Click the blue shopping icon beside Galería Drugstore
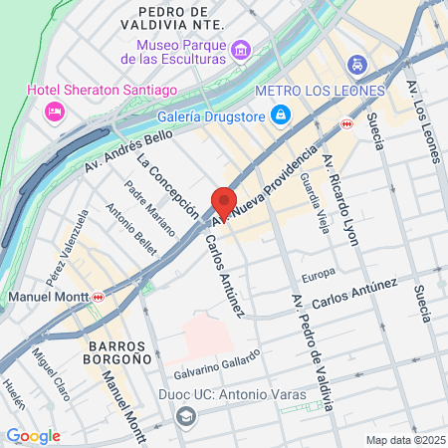(282, 113)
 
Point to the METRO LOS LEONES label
(319, 91)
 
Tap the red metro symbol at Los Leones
(345, 123)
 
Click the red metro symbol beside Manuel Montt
(99, 297)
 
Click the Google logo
(33, 435)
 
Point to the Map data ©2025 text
(403, 439)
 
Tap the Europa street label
(319, 272)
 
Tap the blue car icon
(356, 64)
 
